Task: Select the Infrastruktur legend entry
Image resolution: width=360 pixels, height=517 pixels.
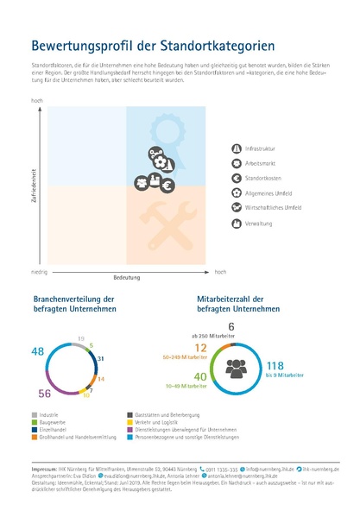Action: tap(259, 148)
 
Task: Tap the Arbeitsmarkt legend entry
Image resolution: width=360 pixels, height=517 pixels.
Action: tap(259, 163)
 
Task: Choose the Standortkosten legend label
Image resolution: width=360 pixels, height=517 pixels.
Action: tap(261, 178)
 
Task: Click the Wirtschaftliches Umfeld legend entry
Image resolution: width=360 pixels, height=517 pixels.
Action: tap(270, 208)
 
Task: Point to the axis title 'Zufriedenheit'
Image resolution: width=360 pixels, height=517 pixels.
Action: tap(34, 186)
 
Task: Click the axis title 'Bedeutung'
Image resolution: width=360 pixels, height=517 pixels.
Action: tap(127, 278)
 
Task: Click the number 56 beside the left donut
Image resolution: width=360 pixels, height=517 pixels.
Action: tap(45, 394)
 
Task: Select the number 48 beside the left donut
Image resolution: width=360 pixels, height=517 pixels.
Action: tap(37, 351)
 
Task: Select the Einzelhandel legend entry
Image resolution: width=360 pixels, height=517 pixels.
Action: tap(57, 429)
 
